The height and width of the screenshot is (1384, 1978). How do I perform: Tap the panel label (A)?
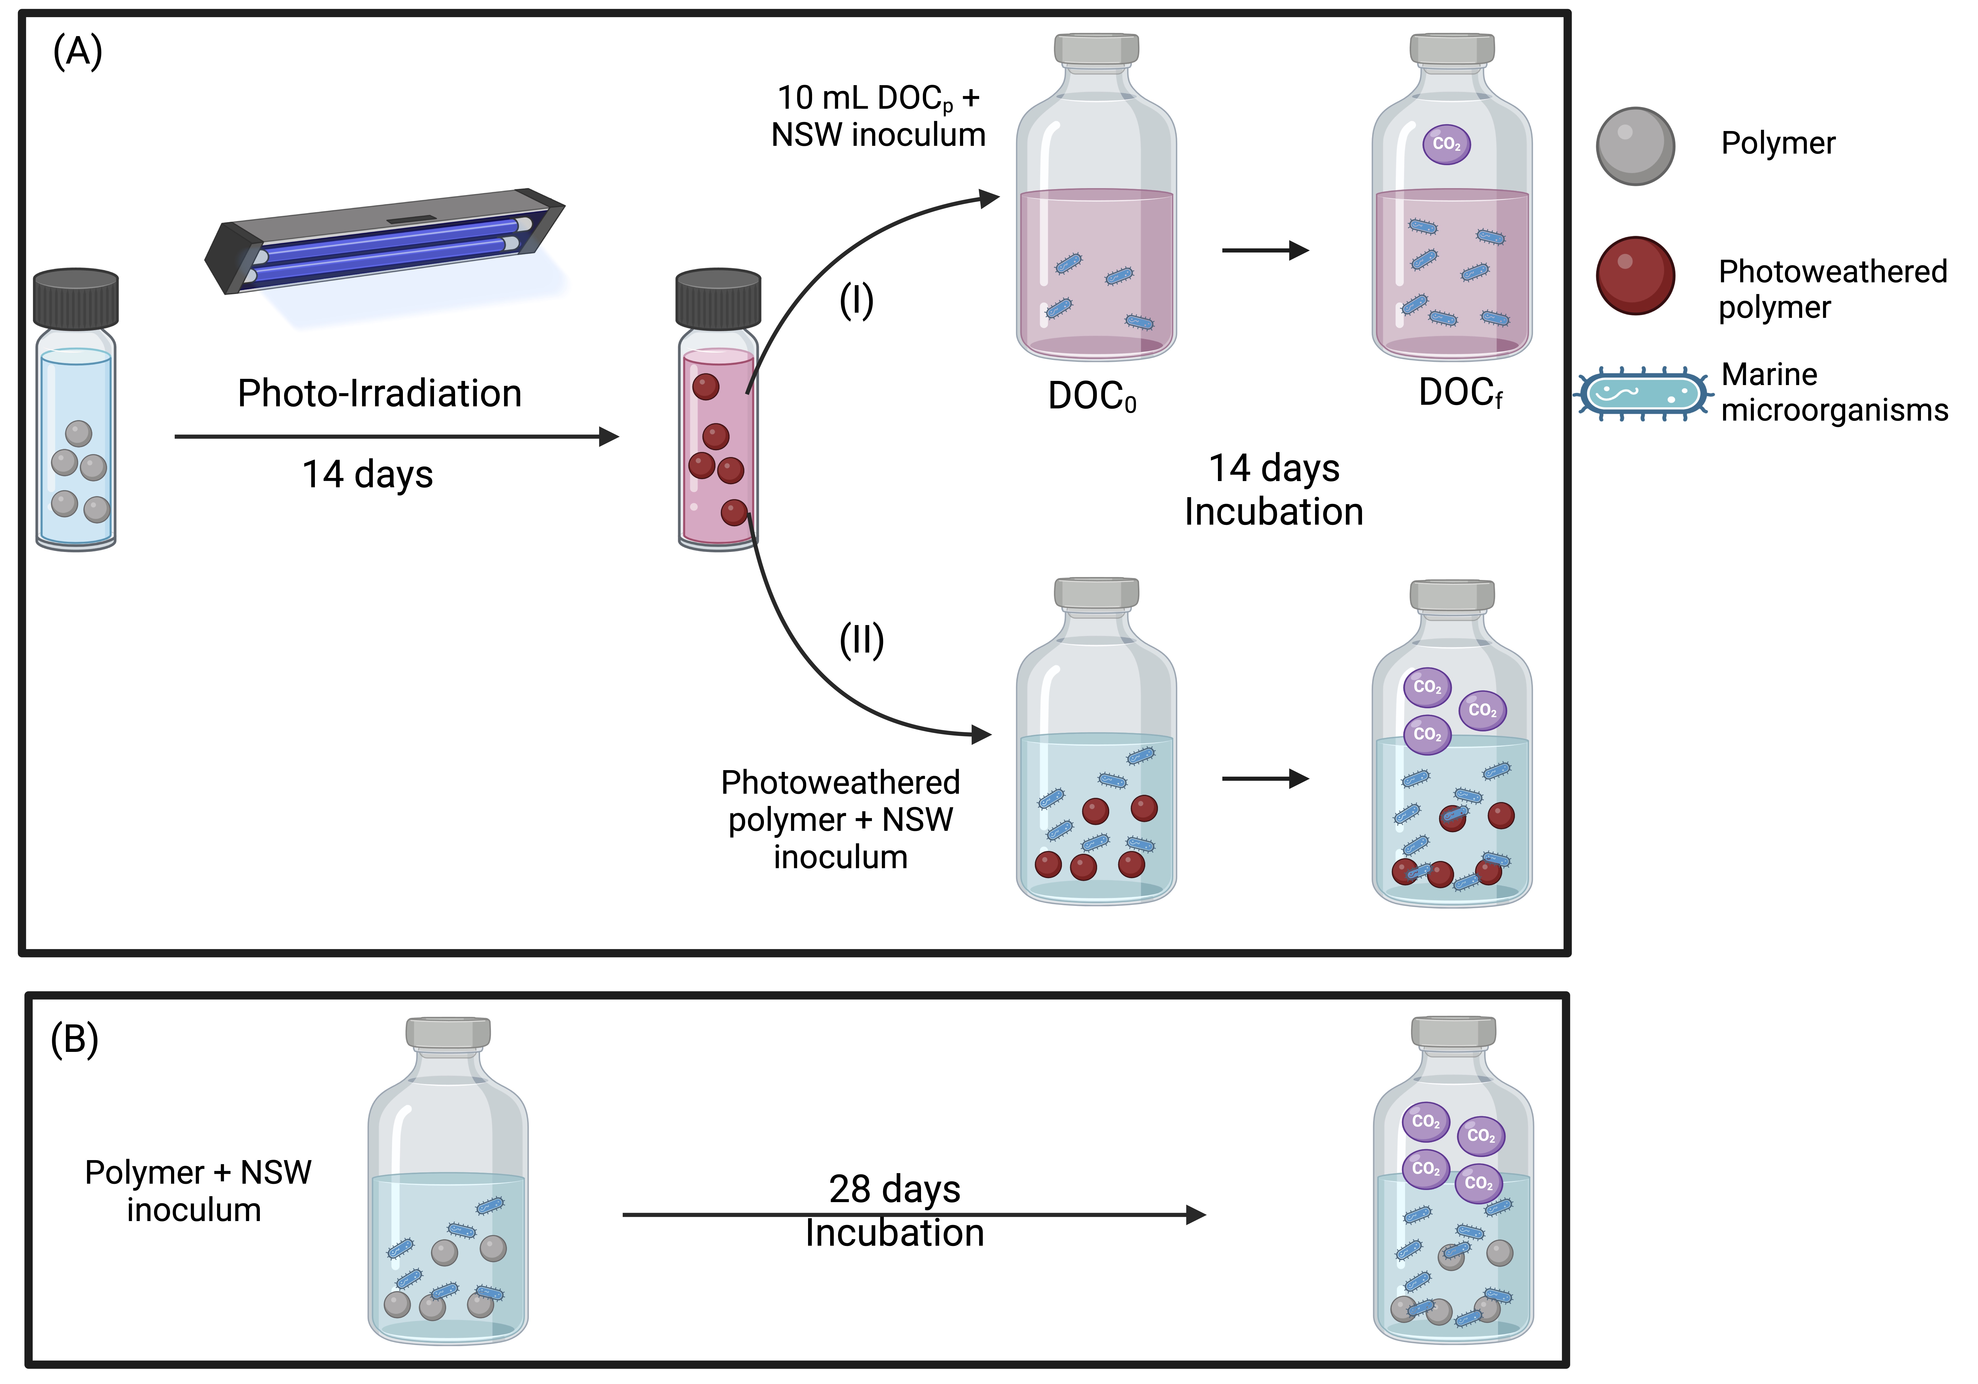78,52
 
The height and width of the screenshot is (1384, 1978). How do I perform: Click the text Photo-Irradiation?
379,394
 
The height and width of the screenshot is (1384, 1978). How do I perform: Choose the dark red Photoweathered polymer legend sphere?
1635,276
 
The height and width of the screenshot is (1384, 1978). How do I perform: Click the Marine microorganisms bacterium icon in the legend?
1643,394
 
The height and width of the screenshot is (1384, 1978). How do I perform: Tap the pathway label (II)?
862,640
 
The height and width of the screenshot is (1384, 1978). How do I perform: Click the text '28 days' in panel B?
894,1189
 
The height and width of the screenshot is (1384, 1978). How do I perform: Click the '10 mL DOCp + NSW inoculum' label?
878,116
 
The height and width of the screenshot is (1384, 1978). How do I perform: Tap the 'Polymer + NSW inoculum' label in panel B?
197,1191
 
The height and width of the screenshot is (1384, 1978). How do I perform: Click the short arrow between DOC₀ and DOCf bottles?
1265,251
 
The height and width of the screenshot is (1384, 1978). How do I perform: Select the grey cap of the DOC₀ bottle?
1096,49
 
